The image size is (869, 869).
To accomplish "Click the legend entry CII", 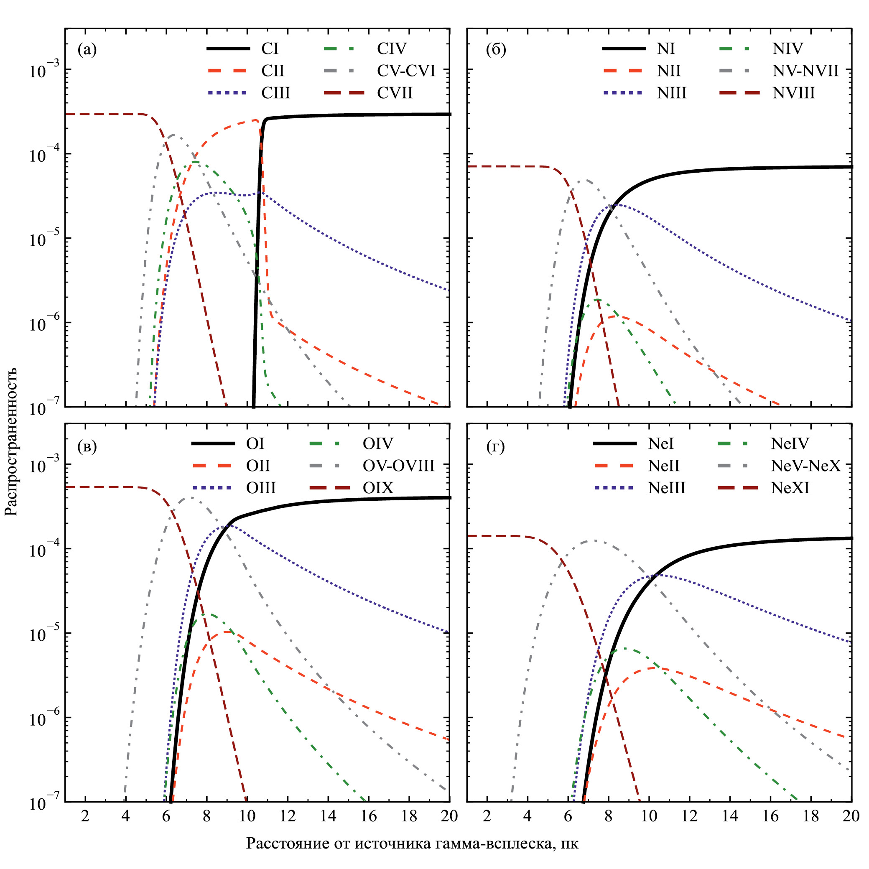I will (x=273, y=71).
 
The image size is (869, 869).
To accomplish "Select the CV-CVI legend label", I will (x=406, y=71).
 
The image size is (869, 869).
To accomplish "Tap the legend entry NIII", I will (x=671, y=93).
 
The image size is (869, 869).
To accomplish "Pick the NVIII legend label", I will (x=793, y=93).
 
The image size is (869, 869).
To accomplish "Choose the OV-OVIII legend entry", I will (x=398, y=466).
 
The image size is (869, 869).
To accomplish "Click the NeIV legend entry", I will (x=790, y=444).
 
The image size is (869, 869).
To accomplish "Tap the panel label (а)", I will (x=87, y=49).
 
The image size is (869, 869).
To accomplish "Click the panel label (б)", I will (x=496, y=49).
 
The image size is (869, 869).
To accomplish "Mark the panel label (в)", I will (x=87, y=447).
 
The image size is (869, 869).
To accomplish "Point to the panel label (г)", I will (x=495, y=447).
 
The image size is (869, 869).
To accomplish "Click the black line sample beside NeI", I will (x=615, y=444).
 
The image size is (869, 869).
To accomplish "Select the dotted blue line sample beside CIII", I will (x=227, y=93).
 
